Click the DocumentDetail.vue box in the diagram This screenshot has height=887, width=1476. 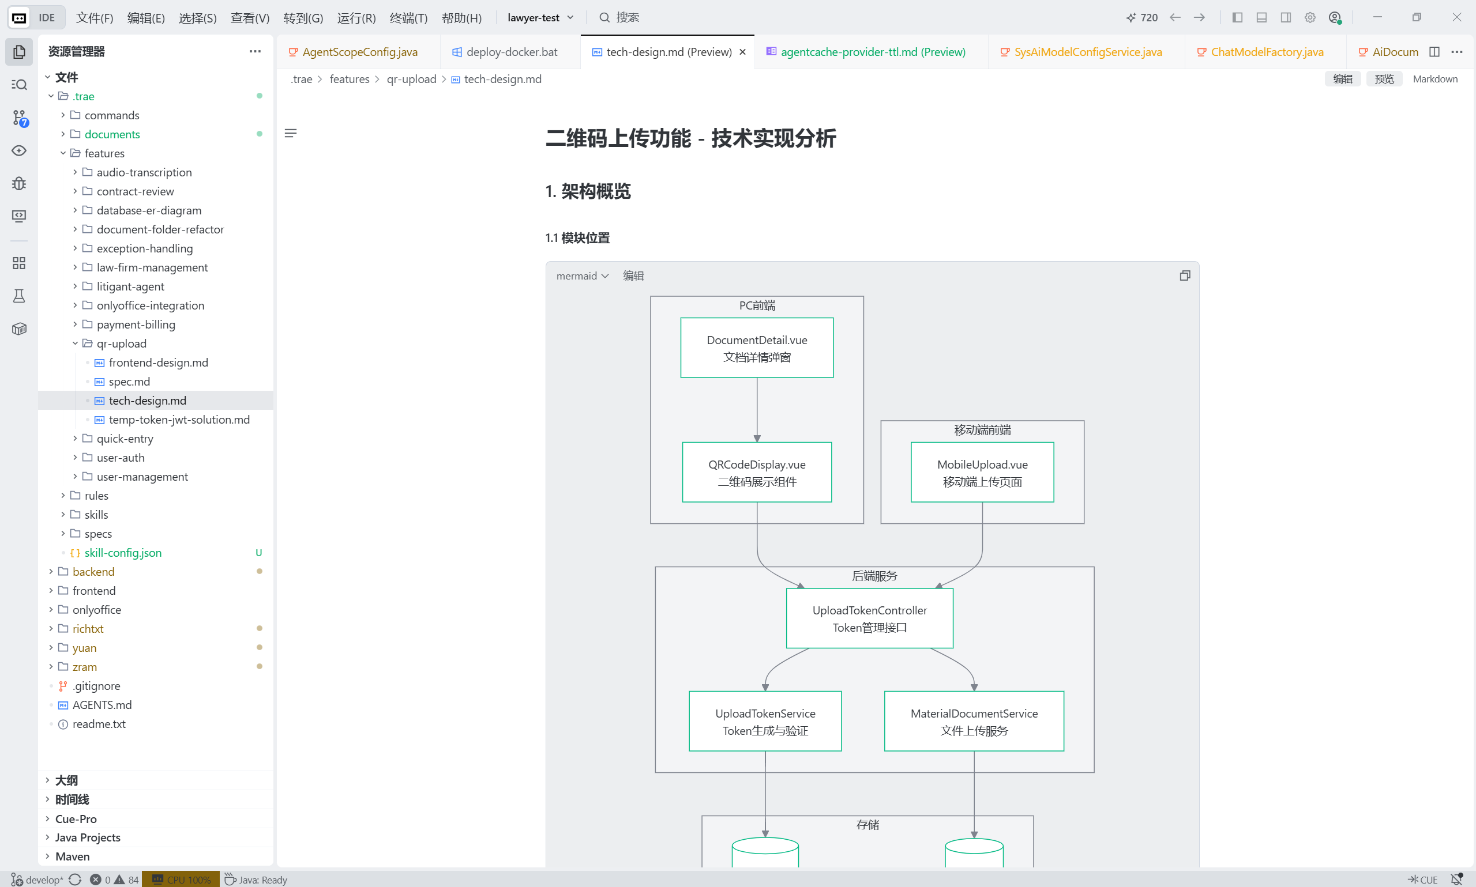(x=757, y=348)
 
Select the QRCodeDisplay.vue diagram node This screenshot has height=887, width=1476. (x=757, y=472)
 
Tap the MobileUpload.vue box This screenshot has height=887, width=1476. (x=982, y=472)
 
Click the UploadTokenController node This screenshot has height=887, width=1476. (x=870, y=618)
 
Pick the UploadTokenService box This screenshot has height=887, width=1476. (x=765, y=722)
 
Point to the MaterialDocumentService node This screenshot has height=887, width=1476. (x=974, y=722)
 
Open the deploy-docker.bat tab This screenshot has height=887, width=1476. (x=505, y=52)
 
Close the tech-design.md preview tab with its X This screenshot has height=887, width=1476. (x=742, y=52)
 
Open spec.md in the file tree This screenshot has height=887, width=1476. (x=129, y=382)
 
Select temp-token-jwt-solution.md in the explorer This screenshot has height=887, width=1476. (x=179, y=420)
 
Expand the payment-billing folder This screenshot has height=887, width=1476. (x=136, y=324)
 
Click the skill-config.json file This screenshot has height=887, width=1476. (x=123, y=553)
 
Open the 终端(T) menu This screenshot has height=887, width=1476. (x=408, y=18)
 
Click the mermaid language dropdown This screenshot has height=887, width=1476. (x=582, y=275)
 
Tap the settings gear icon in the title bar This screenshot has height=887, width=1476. (x=1310, y=17)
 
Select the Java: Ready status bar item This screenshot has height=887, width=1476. (x=256, y=880)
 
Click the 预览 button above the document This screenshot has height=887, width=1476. (x=1384, y=79)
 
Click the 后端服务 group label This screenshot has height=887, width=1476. (x=874, y=576)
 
